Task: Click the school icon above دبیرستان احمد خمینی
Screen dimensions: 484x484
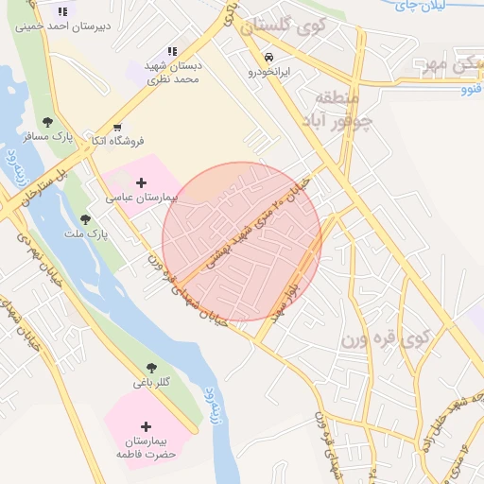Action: (x=61, y=11)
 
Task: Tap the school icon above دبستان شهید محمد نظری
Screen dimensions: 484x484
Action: (x=172, y=51)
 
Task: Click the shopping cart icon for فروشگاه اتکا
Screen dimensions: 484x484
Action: (x=117, y=127)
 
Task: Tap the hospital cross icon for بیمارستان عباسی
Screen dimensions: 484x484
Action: (x=142, y=181)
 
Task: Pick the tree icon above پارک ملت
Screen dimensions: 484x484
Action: (x=85, y=219)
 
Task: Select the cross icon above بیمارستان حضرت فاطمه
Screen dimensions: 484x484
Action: (x=146, y=426)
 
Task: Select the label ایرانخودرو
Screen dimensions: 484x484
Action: (x=271, y=71)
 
